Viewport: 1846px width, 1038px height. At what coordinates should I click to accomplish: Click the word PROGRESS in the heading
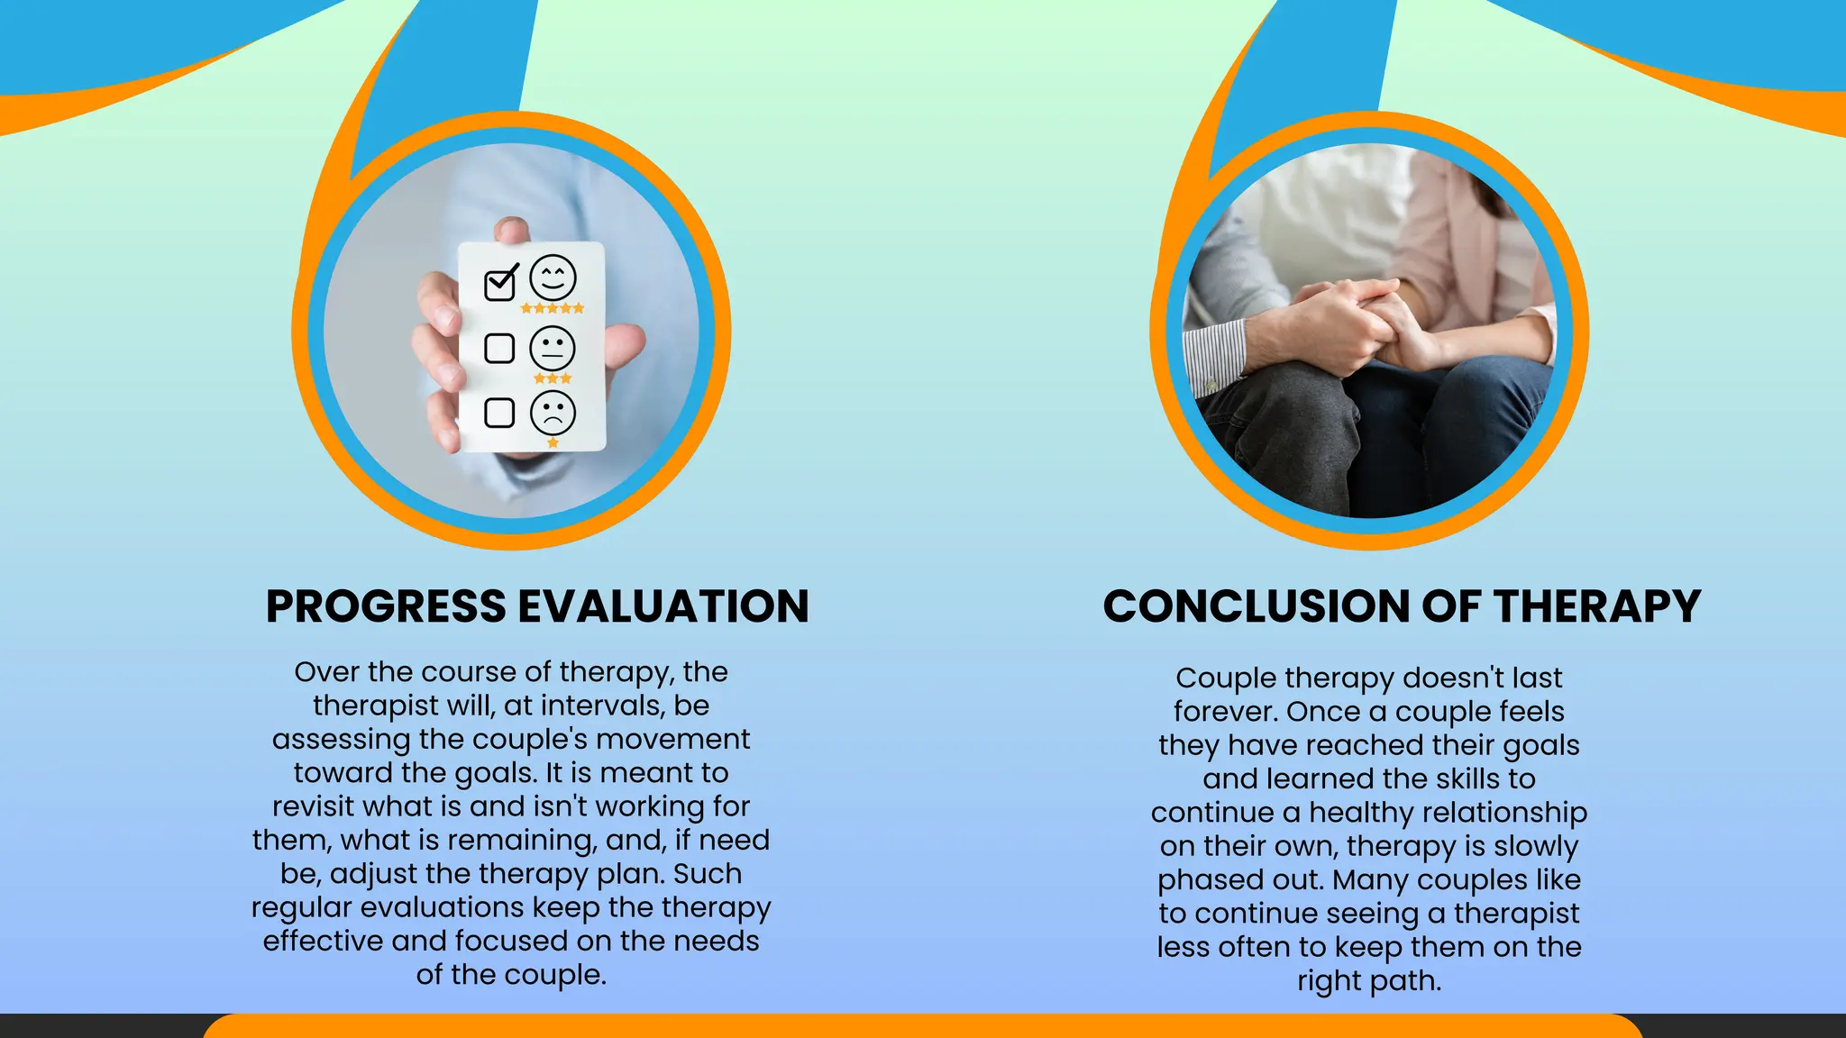point(386,606)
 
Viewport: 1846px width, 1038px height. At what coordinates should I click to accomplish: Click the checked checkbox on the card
point(500,284)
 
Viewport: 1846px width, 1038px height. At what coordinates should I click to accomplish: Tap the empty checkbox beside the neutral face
point(499,348)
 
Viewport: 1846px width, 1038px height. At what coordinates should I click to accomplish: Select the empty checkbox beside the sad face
point(499,413)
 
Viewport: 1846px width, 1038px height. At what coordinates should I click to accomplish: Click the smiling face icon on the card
point(553,278)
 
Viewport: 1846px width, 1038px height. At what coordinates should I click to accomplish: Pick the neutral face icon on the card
point(553,348)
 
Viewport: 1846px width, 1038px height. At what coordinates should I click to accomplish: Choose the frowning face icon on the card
point(553,413)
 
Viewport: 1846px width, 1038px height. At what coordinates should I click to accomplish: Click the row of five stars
point(553,308)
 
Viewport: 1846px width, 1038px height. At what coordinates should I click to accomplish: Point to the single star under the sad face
point(553,442)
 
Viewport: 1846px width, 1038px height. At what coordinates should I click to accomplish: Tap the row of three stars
point(553,378)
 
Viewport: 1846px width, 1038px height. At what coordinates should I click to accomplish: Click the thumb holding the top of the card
point(512,231)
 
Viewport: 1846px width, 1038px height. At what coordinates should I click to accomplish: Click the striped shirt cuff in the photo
point(1214,356)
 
